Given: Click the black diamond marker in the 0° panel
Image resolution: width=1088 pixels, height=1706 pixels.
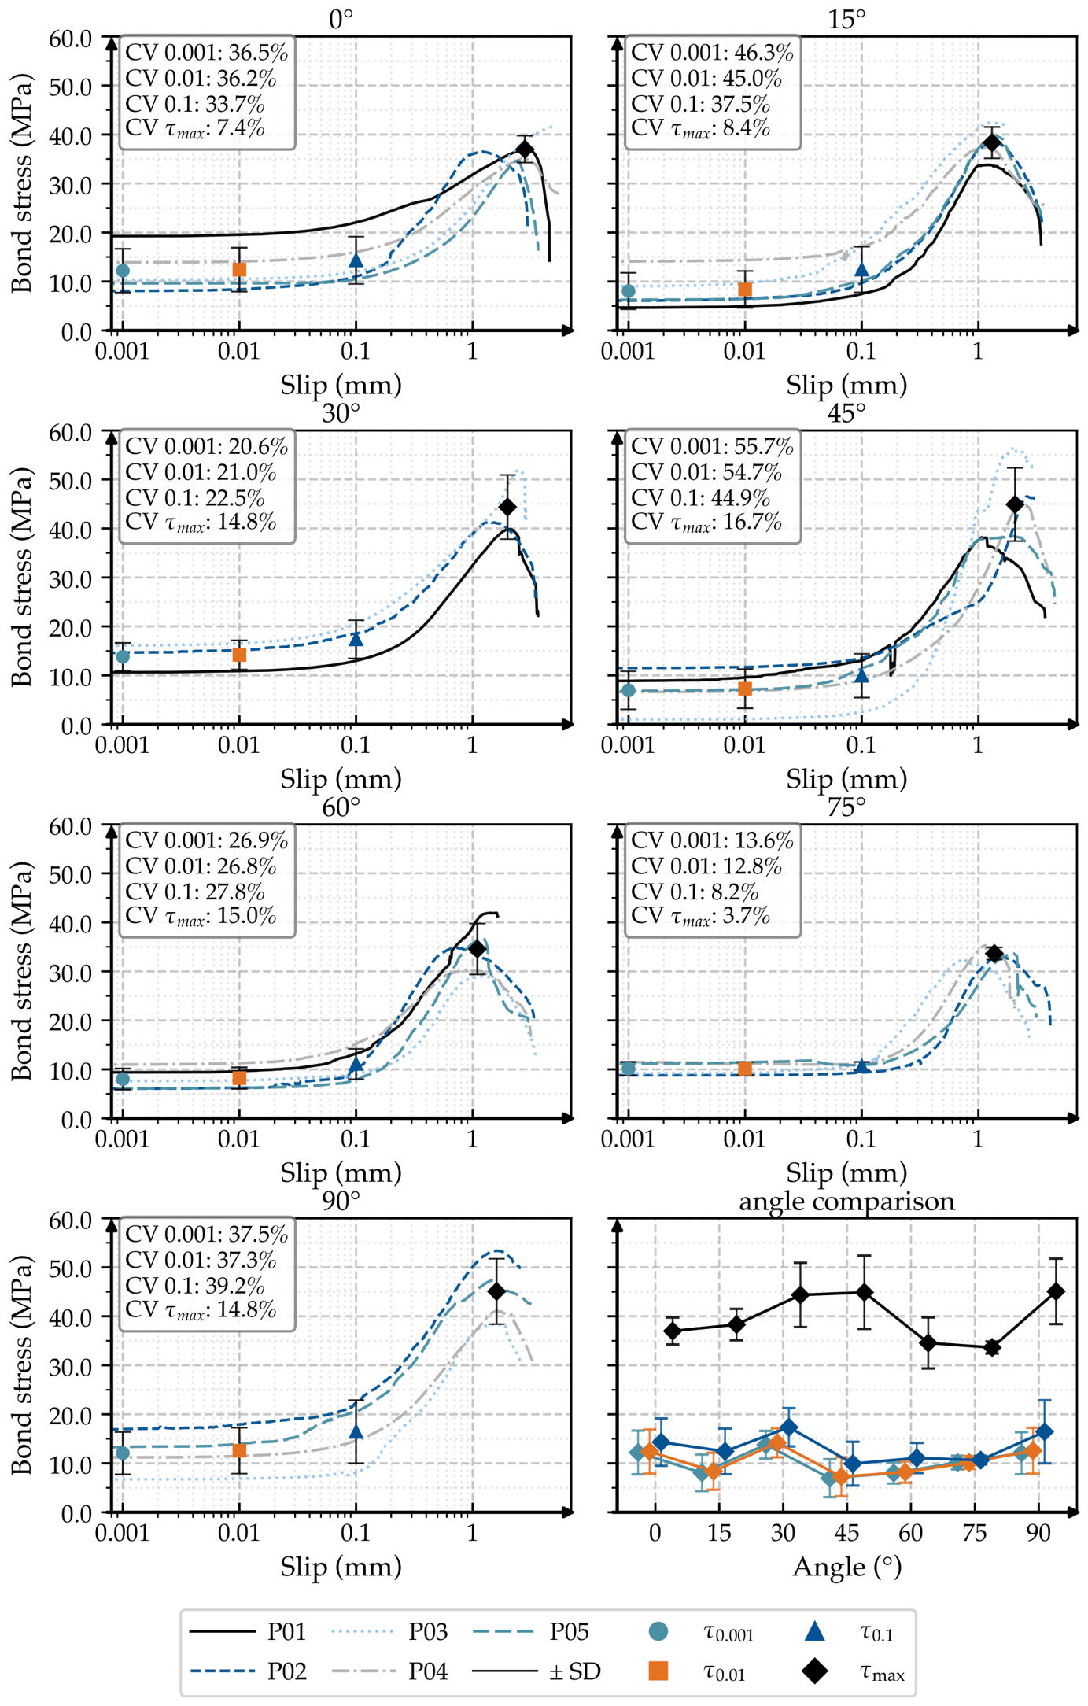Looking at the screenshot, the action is click(x=525, y=150).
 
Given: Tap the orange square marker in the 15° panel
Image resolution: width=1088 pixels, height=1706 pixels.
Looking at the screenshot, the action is click(x=744, y=290).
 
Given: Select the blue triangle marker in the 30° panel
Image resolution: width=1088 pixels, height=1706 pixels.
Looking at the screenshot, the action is click(x=356, y=639).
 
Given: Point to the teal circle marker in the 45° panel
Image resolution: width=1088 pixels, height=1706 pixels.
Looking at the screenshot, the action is click(x=628, y=690).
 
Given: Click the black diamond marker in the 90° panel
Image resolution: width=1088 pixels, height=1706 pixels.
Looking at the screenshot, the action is click(x=496, y=1291).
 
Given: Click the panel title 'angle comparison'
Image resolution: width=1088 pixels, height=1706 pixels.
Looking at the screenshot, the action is click(x=846, y=1202).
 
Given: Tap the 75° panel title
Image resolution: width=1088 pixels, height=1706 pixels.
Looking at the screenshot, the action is click(x=846, y=807).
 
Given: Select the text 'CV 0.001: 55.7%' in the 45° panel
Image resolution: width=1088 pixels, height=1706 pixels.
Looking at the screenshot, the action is click(x=712, y=447).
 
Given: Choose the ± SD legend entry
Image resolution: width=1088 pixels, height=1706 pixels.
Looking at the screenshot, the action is click(x=537, y=1671).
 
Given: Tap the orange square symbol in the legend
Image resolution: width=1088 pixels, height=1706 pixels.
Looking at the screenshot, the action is click(x=658, y=1671).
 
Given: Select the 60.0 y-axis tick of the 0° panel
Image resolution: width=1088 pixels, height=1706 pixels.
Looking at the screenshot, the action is click(x=71, y=38).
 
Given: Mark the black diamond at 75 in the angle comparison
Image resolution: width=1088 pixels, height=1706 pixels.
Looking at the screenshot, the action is click(x=992, y=1347).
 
